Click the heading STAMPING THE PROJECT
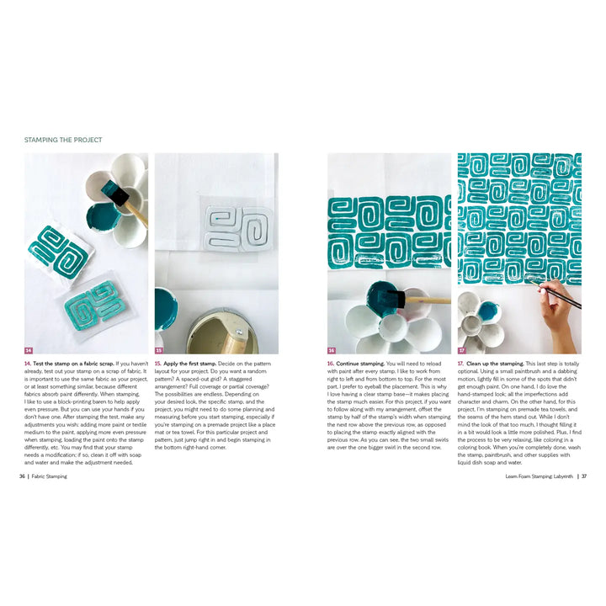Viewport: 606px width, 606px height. pyautogui.click(x=63, y=140)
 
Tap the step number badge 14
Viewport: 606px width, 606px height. pyautogui.click(x=29, y=350)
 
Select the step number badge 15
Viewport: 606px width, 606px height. pyautogui.click(x=158, y=350)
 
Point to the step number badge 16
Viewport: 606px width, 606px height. pyautogui.click(x=332, y=350)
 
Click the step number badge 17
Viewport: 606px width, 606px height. pyautogui.click(x=462, y=350)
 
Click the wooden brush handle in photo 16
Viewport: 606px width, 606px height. pyautogui.click(x=430, y=300)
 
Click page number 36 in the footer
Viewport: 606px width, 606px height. pyautogui.click(x=22, y=476)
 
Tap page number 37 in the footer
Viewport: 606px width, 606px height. pyautogui.click(x=583, y=476)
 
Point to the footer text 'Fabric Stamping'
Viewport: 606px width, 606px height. pyautogui.click(x=50, y=476)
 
